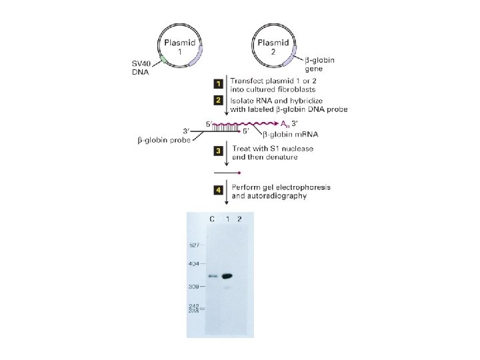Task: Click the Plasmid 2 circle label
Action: [271, 47]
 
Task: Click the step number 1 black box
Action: [217, 84]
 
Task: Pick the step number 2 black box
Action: [217, 100]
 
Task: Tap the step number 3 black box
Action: [217, 151]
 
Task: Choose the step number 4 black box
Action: [217, 190]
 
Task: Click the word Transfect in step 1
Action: [249, 80]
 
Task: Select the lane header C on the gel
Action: [211, 219]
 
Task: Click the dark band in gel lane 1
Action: [228, 275]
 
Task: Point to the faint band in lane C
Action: [213, 276]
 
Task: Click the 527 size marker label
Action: [193, 245]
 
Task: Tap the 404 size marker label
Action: [193, 265]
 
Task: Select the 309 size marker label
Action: [193, 287]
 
